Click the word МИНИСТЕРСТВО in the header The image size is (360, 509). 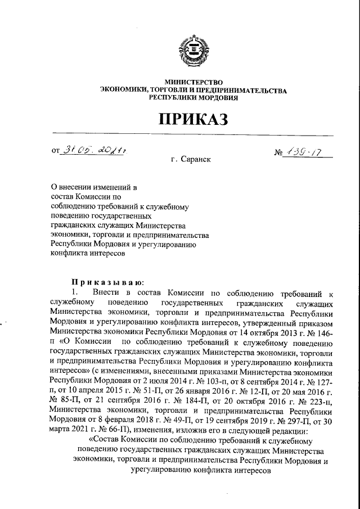193,83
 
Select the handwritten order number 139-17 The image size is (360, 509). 306,151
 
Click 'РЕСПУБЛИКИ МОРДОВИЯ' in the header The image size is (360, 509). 193,97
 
